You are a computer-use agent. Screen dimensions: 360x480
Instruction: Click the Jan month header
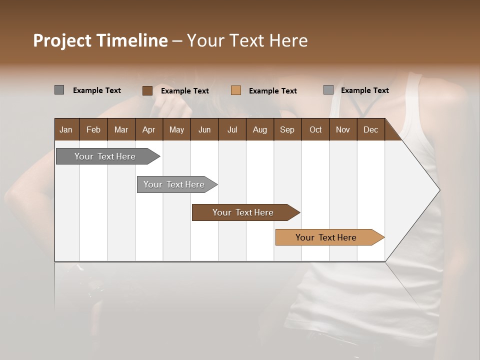66,129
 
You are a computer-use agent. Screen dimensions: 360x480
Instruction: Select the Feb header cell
93,129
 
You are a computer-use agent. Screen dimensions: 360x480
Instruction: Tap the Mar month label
121,129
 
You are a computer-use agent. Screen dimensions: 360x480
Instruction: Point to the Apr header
148,129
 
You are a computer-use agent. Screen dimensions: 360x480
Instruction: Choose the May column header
176,129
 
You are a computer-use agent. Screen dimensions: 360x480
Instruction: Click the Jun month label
204,129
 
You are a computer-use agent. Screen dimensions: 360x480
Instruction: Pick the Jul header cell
232,129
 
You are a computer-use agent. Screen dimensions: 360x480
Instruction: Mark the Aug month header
259,129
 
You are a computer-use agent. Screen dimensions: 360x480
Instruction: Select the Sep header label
287,129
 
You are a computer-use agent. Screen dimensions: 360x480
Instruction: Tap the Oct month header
315,129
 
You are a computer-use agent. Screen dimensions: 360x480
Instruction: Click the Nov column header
343,129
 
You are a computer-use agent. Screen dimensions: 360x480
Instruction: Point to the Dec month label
370,129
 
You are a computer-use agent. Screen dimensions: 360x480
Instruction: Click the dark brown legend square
147,90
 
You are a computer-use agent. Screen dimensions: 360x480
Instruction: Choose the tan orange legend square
236,90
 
